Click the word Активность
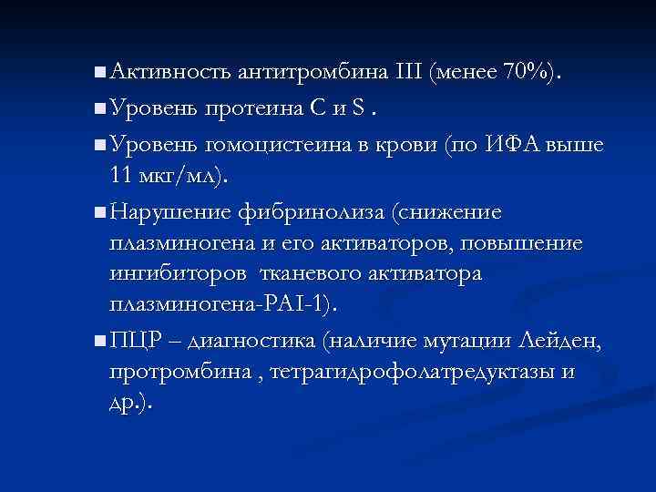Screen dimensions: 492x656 coord(172,71)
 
